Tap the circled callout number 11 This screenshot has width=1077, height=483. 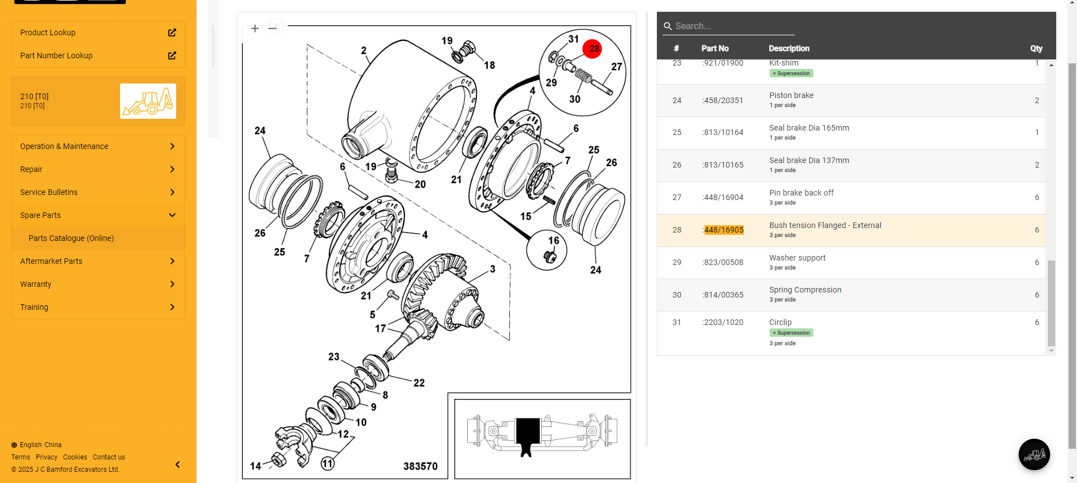[x=328, y=463]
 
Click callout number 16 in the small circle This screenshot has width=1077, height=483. [x=554, y=240]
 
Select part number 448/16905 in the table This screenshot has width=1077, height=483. [x=724, y=230]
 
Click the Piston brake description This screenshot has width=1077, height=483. [x=791, y=95]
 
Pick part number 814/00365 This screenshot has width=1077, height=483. [x=724, y=295]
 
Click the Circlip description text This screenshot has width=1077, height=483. [x=780, y=322]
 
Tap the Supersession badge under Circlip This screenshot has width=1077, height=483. [x=791, y=333]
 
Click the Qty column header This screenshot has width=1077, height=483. [x=1036, y=49]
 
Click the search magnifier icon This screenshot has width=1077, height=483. [x=668, y=26]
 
